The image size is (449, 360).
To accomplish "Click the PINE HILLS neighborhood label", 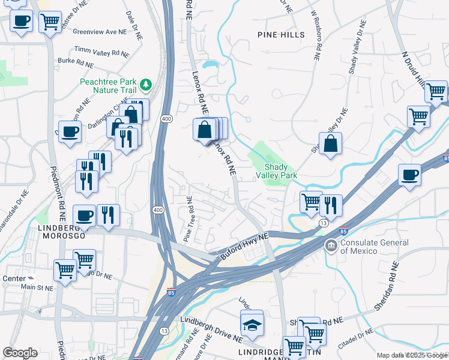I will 281,35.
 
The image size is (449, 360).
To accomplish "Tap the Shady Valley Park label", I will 282,171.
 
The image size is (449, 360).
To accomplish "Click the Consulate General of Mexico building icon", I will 331,246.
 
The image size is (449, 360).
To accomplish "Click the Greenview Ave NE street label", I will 98,32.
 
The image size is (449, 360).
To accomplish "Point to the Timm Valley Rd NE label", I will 101,52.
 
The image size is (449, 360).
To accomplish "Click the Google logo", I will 19,353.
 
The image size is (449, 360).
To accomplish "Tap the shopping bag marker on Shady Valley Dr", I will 330,144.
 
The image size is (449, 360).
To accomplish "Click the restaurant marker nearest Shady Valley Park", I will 330,205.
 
